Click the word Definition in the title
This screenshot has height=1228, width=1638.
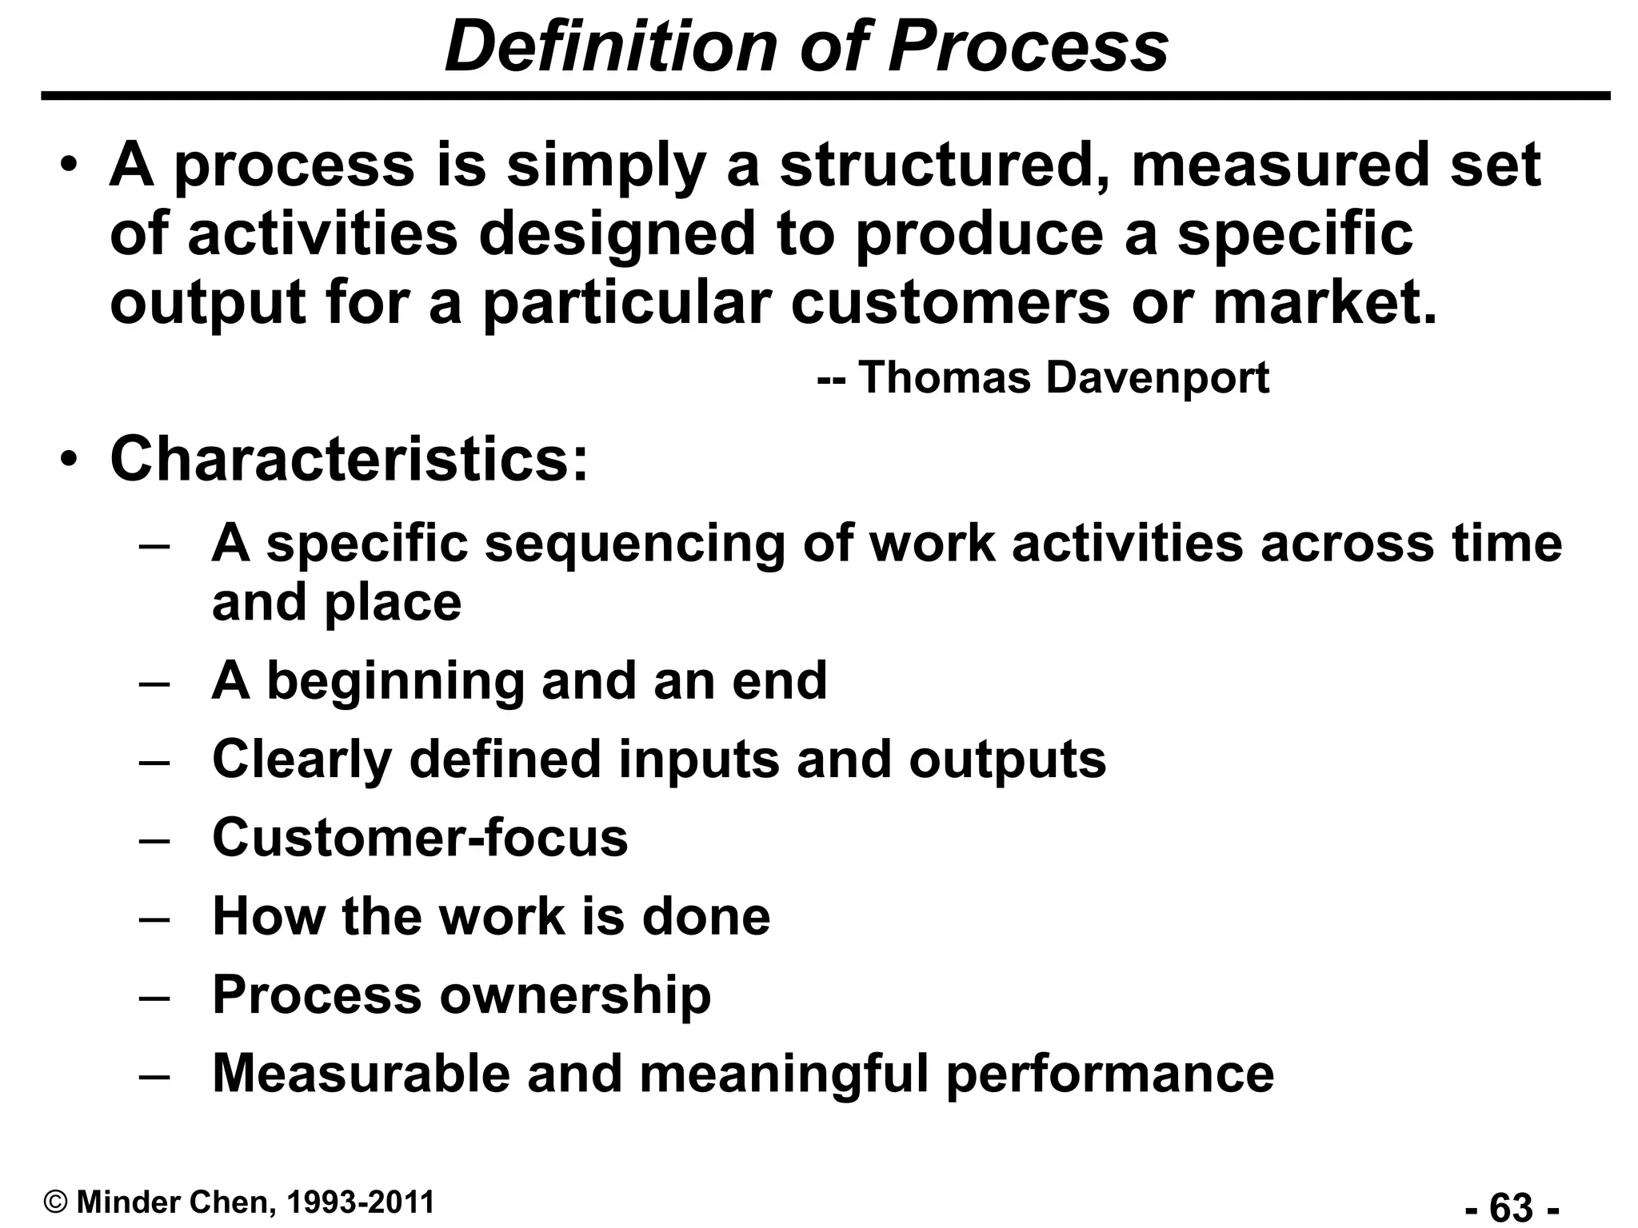[611, 46]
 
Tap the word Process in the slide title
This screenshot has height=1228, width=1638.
[1028, 46]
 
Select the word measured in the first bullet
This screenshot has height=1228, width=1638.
[1277, 165]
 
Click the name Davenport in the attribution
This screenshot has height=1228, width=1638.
[1157, 377]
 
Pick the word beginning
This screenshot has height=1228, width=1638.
[394, 680]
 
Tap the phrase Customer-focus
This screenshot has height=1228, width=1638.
[420, 837]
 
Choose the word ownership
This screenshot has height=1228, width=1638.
[574, 995]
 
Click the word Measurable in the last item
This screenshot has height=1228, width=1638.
[361, 1073]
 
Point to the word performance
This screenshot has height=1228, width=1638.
[1110, 1074]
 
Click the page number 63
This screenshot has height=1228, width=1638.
[1511, 1206]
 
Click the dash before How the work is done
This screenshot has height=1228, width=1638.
[154, 918]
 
